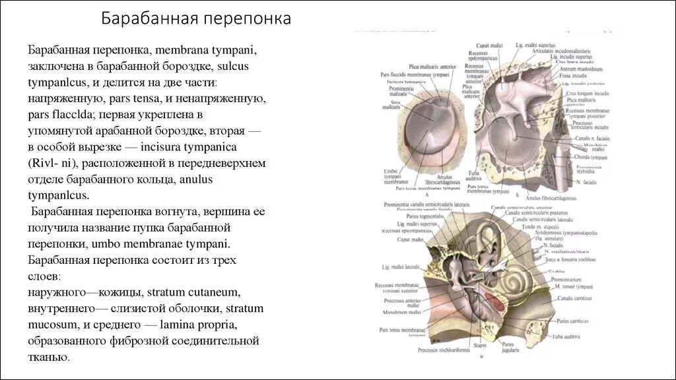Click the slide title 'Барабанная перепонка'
(196, 19)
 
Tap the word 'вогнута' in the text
(205, 211)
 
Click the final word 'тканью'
(48, 356)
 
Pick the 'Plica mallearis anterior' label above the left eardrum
(432, 68)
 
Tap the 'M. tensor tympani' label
(575, 286)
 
